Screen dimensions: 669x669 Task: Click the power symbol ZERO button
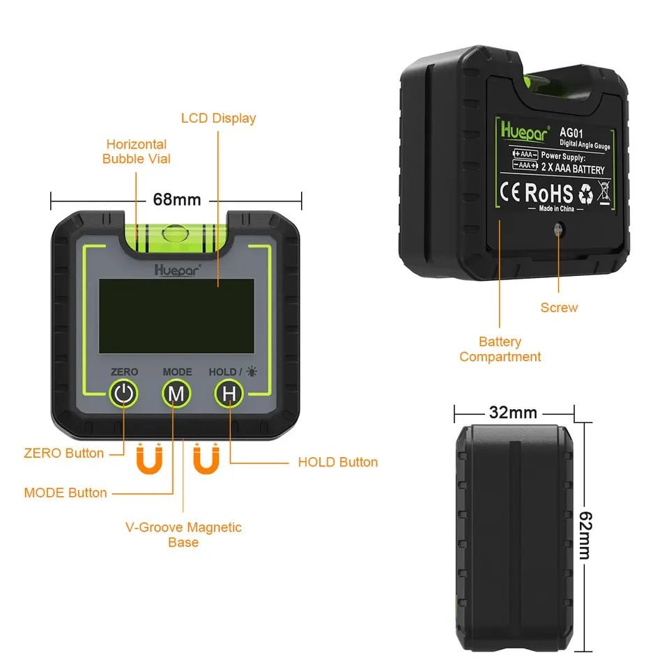pos(123,394)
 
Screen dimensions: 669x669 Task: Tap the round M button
pos(176,394)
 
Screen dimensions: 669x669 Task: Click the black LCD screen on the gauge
pos(176,316)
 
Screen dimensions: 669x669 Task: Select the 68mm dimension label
pos(177,200)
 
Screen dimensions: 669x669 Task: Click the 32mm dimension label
pos(513,413)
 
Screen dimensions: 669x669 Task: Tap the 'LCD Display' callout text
pos(218,118)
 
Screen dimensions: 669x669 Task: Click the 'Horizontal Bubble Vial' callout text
pos(137,151)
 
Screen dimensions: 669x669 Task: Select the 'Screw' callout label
pos(559,307)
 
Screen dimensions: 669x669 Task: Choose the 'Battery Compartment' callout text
pos(500,349)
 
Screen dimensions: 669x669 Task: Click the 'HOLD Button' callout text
pos(338,462)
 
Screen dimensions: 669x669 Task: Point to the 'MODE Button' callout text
pos(66,493)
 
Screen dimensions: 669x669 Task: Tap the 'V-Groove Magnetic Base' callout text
pos(183,535)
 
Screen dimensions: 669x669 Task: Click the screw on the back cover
pos(558,230)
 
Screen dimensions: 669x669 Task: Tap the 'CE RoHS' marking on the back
pos(537,194)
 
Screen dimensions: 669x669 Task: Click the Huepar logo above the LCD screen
pos(177,268)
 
